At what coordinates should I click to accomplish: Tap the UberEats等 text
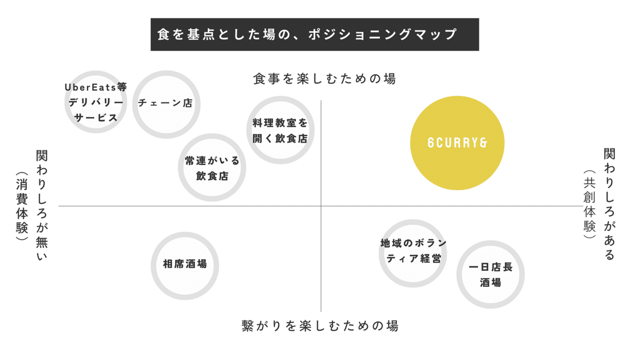(96, 87)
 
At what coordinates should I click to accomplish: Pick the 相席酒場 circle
(185, 264)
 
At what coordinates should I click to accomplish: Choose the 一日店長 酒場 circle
(491, 275)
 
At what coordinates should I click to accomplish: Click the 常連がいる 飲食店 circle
(212, 168)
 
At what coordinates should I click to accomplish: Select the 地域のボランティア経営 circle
(413, 252)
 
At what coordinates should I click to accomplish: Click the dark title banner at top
(314, 34)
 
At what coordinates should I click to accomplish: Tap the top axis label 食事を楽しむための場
(325, 79)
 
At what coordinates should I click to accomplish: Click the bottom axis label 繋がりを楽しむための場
(320, 326)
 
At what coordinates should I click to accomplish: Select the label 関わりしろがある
(609, 204)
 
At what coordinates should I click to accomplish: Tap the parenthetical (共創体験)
(589, 204)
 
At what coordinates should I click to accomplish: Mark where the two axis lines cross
(321, 206)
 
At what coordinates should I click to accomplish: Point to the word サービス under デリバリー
(96, 118)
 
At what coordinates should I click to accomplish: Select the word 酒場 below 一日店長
(491, 283)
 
